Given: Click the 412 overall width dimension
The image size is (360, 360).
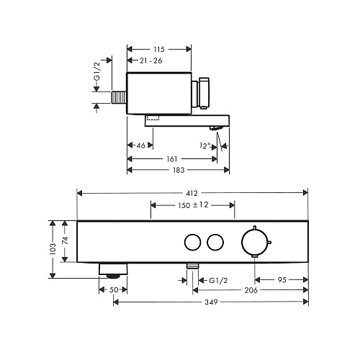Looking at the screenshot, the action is click(192, 193).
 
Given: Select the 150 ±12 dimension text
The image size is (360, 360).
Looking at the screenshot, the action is click(193, 205).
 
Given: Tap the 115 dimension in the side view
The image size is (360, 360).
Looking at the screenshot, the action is click(159, 49).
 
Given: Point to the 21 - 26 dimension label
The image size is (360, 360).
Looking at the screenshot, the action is click(151, 60).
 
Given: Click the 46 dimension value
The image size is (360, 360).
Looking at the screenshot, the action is click(141, 145).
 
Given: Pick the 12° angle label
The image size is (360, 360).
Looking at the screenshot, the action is click(205, 145).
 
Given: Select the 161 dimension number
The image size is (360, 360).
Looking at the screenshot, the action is click(172, 158).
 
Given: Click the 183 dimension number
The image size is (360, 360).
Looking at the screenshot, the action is click(179, 170).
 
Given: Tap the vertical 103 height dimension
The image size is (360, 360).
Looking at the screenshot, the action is click(53, 249).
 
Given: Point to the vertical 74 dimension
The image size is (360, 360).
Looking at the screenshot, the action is click(66, 240).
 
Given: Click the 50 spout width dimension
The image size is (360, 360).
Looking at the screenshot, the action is click(114, 289).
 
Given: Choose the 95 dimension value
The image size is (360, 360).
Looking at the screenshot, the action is click(282, 280).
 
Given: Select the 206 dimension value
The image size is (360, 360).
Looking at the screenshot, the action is click(251, 290).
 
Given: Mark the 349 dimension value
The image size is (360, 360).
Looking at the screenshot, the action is click(211, 302).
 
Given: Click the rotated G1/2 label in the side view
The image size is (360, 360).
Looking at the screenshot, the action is click(96, 71).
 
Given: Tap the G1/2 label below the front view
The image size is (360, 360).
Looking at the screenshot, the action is click(218, 280).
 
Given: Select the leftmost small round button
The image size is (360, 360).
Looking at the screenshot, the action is click(192, 242).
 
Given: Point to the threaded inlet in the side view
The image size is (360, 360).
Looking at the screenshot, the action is click(119, 97).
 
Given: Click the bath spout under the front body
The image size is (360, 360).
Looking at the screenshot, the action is click(113, 271).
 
